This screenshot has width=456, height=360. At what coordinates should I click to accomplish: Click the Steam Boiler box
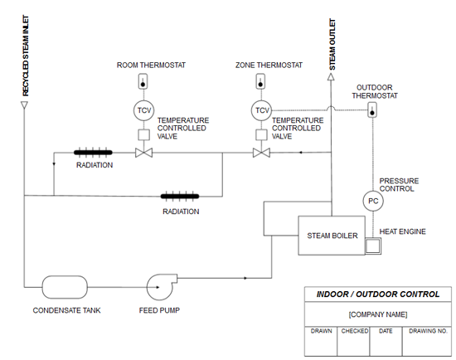click(332, 236)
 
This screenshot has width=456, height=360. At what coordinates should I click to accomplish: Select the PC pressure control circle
click(373, 201)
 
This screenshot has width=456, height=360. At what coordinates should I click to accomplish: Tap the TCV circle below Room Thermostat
click(144, 110)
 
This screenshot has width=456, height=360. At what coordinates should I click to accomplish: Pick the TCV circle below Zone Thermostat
click(261, 110)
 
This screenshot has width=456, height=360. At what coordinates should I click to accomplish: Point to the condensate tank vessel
click(65, 287)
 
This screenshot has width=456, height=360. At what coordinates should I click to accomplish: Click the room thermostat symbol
click(143, 81)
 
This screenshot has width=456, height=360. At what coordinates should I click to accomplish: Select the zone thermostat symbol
click(260, 81)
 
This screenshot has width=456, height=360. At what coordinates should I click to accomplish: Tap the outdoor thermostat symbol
click(372, 109)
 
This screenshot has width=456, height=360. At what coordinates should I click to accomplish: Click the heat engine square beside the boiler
click(373, 246)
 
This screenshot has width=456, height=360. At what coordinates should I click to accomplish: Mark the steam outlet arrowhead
click(331, 77)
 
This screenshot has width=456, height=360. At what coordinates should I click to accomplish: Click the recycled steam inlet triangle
click(24, 105)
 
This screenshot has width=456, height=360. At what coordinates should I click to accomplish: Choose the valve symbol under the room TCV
click(144, 153)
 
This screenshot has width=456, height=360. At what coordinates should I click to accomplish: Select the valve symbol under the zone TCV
click(261, 153)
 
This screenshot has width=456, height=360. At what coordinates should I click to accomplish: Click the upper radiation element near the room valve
click(93, 152)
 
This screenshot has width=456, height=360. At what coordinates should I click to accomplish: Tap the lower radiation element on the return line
click(180, 196)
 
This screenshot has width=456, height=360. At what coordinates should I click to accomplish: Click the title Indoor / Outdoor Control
click(378, 294)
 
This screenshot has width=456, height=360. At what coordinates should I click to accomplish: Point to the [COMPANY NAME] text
click(378, 314)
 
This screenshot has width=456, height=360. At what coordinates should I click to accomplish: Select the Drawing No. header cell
click(427, 331)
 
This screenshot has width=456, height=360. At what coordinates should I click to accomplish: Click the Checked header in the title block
click(354, 331)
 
